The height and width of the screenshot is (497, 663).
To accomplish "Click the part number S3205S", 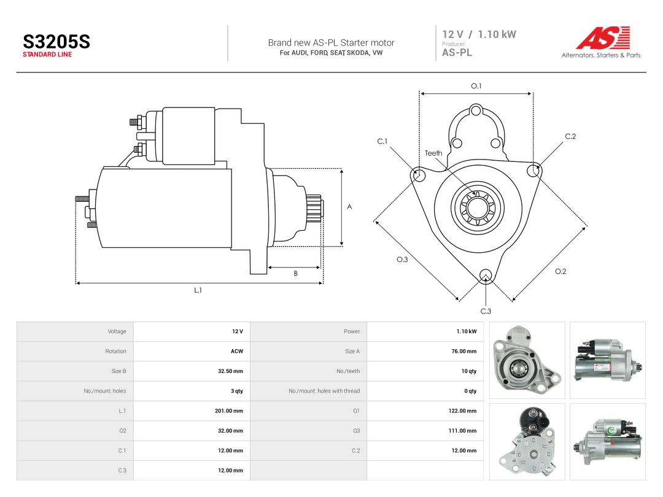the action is (56, 42).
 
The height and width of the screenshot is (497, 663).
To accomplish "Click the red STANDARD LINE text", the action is (47, 55).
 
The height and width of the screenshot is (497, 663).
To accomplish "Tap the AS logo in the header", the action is (603, 37).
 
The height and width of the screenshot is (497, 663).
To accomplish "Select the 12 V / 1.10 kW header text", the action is (479, 34).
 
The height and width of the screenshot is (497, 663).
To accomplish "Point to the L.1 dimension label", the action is (198, 290).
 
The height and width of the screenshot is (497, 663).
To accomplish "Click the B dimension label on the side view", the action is (295, 274).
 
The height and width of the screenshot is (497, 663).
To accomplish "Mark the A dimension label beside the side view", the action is (349, 207).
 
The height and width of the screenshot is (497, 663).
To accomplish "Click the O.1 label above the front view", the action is (476, 86).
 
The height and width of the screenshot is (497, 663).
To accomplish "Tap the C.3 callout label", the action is (486, 311).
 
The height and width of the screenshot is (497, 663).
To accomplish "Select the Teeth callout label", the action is (433, 153).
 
